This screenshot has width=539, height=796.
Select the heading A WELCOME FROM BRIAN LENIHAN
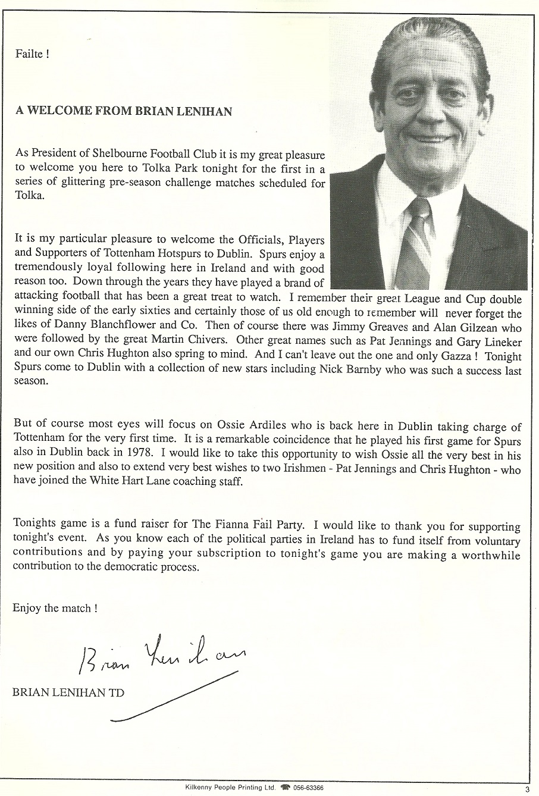click(124, 111)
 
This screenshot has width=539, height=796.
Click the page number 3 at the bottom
click(527, 789)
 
